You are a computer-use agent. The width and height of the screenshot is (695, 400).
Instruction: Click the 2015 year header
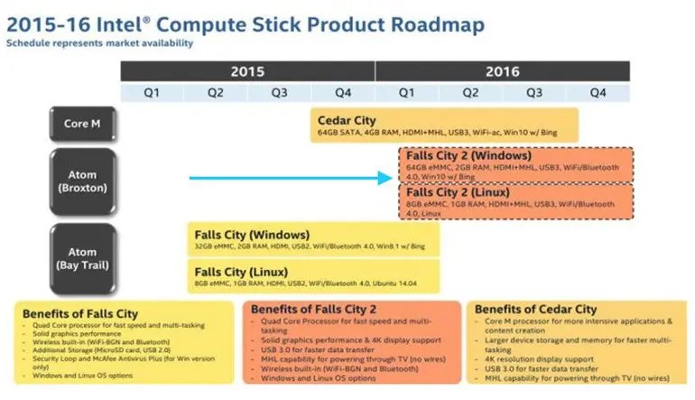tap(247, 70)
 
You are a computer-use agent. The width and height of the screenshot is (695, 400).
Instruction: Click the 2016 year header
tap(502, 70)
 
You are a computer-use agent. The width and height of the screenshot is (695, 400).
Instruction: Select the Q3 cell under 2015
tap(279, 91)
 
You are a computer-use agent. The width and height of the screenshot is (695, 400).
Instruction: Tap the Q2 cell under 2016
tap(470, 91)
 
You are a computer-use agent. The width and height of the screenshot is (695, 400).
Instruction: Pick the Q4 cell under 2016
tap(598, 91)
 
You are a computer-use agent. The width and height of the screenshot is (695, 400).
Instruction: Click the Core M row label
tap(82, 124)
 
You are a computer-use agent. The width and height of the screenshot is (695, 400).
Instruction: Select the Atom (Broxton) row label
tap(82, 181)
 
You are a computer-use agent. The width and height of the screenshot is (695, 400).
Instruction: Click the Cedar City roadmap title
tap(347, 119)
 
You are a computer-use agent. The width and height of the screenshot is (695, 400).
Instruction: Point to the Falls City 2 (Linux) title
tap(458, 193)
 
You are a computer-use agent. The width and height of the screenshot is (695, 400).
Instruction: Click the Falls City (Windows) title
tap(249, 235)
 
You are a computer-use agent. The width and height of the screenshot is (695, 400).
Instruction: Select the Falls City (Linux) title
tap(242, 270)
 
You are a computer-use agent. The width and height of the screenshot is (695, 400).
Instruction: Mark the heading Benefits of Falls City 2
tap(312, 309)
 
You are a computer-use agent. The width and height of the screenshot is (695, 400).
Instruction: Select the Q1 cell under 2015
tap(153, 91)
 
